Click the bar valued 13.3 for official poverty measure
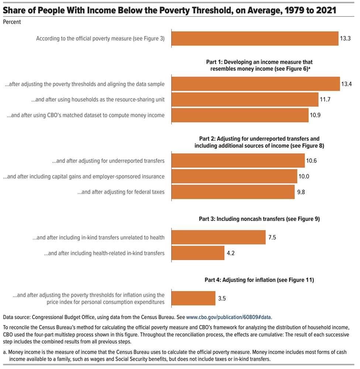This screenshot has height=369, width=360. (x=255, y=38)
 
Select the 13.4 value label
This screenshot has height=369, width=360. (x=346, y=84)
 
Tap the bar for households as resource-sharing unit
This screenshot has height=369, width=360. (x=245, y=99)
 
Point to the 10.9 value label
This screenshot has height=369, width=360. (x=315, y=115)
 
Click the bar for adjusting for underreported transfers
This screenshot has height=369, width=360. (x=238, y=161)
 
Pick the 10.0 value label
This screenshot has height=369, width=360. (x=304, y=177)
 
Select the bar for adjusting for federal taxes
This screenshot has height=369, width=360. (x=233, y=192)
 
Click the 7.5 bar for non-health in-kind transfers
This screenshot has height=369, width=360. (x=219, y=238)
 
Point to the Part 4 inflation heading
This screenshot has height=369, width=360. (x=259, y=280)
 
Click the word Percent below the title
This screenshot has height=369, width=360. (x=12, y=22)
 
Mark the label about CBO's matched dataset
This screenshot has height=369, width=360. (x=86, y=115)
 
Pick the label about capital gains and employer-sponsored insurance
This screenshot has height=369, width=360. (x=84, y=177)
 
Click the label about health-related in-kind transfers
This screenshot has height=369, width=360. (x=104, y=253)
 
